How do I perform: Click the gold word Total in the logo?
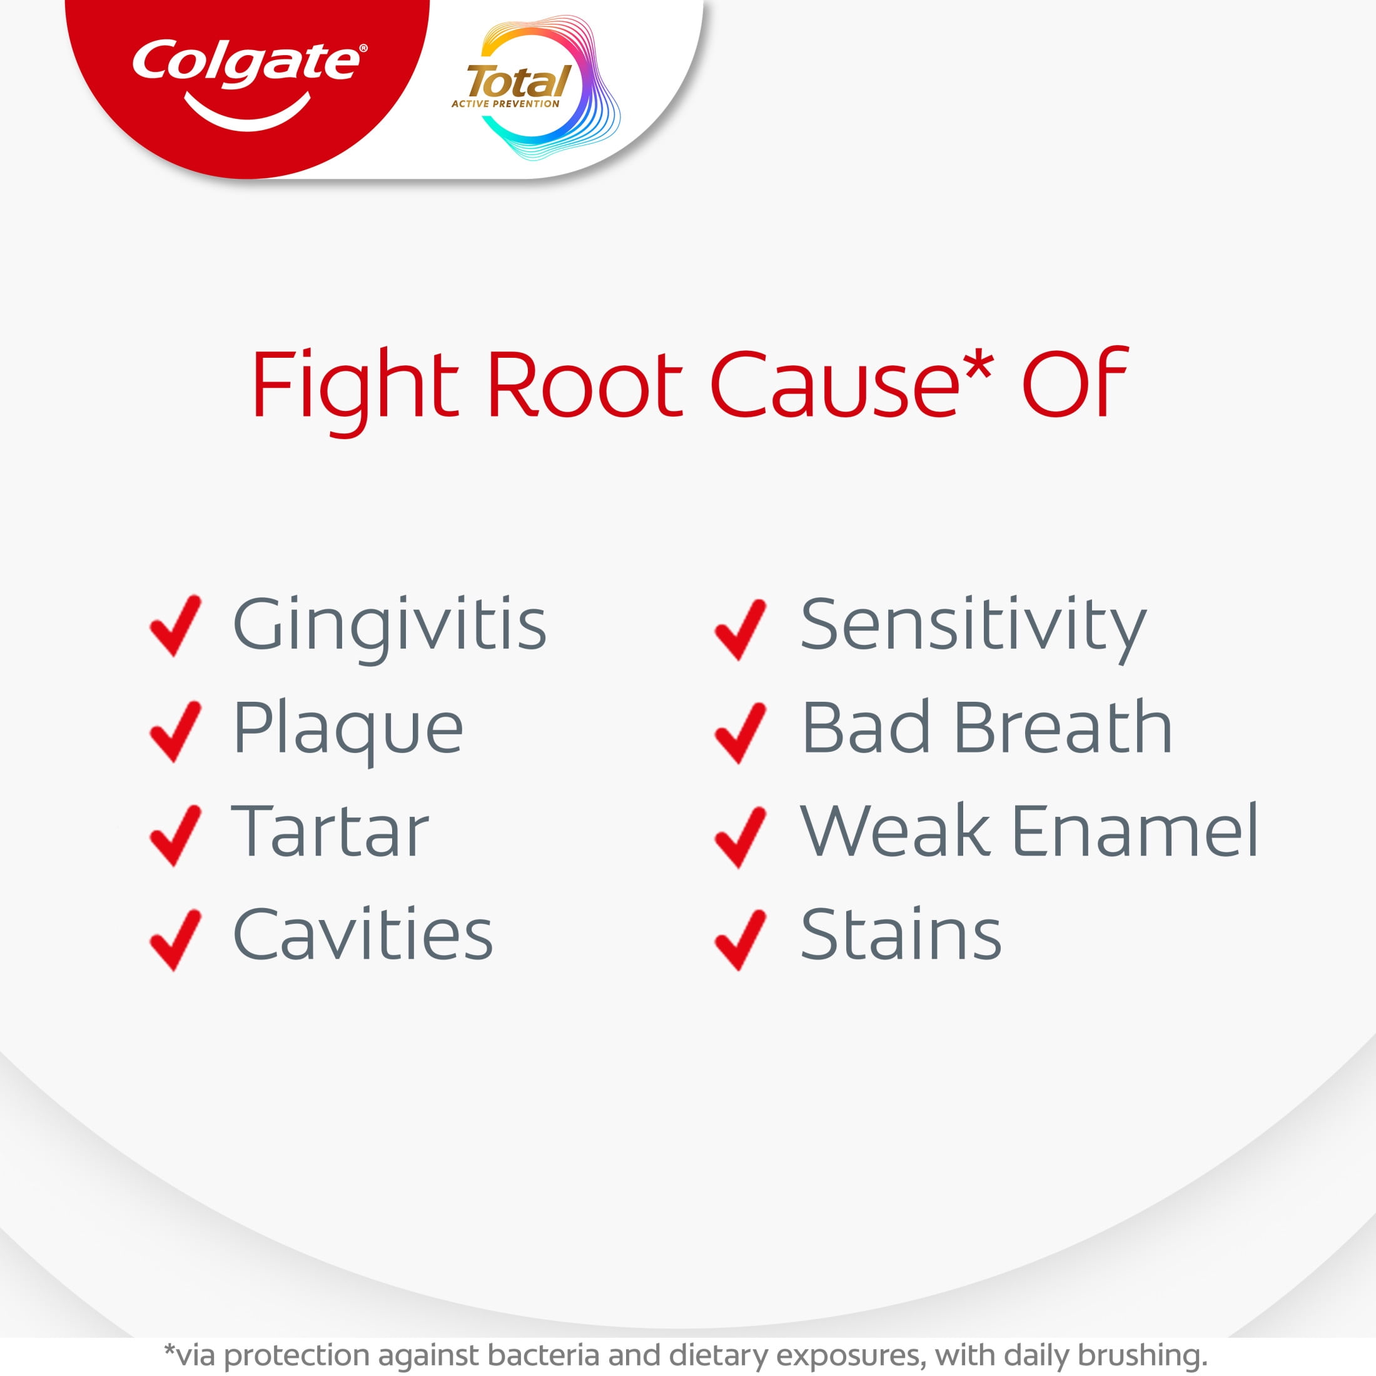pyautogui.click(x=519, y=82)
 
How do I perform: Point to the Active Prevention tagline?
pyautogui.click(x=505, y=104)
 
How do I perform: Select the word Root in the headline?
pyautogui.click(x=585, y=385)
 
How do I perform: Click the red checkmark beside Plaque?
pyautogui.click(x=175, y=731)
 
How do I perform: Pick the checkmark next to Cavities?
pyautogui.click(x=175, y=939)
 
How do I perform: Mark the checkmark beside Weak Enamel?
pyautogui.click(x=741, y=837)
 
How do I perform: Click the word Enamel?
pyautogui.click(x=1135, y=830)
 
